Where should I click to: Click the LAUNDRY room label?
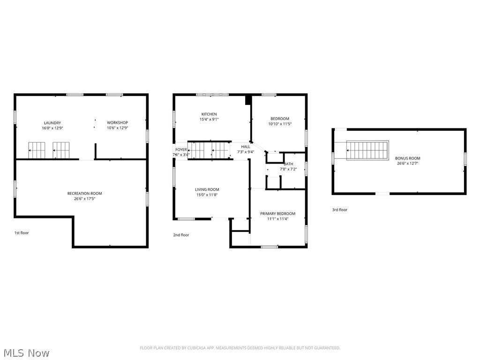[x=52, y=123]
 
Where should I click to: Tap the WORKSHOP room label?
[x=117, y=123]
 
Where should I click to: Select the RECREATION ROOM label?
[x=84, y=194]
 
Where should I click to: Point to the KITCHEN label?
[x=209, y=114]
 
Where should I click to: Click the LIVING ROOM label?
[x=207, y=189]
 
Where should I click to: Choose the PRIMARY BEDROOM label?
[x=278, y=213]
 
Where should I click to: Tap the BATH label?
[x=288, y=164]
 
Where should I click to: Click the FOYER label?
[x=181, y=150]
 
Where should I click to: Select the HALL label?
[x=246, y=147]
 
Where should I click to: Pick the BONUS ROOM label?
[x=407, y=158]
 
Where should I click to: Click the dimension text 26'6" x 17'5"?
[x=84, y=199]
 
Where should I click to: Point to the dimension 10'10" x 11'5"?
[x=279, y=124]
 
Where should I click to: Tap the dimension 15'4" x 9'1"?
[x=209, y=119]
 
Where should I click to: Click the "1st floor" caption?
[x=21, y=232]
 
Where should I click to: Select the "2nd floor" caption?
[x=181, y=235]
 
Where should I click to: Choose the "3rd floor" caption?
[x=340, y=210]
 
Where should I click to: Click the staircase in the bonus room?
[x=368, y=150]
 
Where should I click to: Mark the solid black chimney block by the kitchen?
[x=248, y=100]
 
